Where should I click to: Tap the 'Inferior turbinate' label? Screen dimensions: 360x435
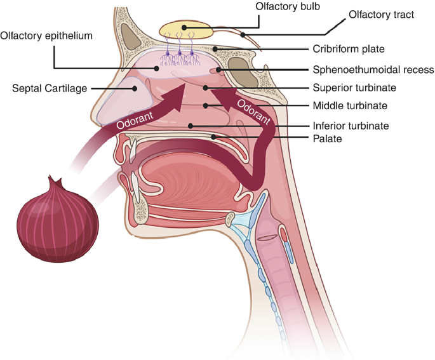coord(351,126)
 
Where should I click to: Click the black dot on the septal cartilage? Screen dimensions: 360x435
coord(135,88)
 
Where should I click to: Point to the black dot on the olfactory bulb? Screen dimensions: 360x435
coord(184,27)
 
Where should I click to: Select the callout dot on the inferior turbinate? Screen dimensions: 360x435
coord(190,126)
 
